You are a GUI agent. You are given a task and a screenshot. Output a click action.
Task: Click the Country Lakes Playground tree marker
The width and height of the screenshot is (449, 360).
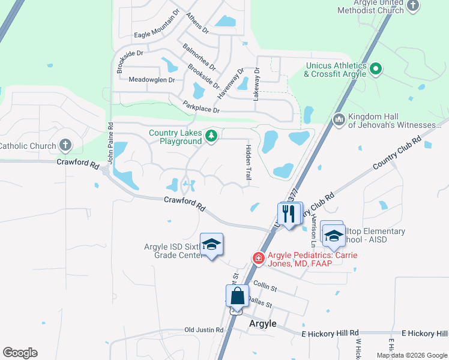211,137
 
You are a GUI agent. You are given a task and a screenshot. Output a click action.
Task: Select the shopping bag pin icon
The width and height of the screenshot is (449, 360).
237,296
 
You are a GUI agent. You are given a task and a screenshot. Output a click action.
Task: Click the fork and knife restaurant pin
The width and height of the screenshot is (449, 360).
289,213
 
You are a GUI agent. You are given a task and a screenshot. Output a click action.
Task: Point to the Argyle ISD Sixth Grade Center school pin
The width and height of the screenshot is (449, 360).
211,244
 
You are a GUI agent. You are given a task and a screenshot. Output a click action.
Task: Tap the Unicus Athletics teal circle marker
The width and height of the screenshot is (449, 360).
376,69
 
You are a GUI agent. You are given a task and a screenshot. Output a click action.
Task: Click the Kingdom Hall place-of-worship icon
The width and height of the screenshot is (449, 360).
339,120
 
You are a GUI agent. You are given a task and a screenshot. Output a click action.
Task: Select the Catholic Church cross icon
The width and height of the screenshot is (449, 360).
65,145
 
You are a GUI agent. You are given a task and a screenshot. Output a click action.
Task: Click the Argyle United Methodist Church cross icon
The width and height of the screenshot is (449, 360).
412,5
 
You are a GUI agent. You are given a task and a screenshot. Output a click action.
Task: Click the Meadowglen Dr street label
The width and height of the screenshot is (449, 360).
151,79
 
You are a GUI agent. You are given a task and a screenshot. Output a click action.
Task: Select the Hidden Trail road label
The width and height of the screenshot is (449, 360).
248,163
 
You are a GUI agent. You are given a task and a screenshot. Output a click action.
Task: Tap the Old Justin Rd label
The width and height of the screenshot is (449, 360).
203,330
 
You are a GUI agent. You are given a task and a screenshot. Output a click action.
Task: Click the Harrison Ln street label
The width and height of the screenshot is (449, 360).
313,230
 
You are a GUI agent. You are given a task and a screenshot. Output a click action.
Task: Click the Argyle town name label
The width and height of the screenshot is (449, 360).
262,323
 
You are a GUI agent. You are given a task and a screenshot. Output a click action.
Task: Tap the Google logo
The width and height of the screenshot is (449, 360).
20,353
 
